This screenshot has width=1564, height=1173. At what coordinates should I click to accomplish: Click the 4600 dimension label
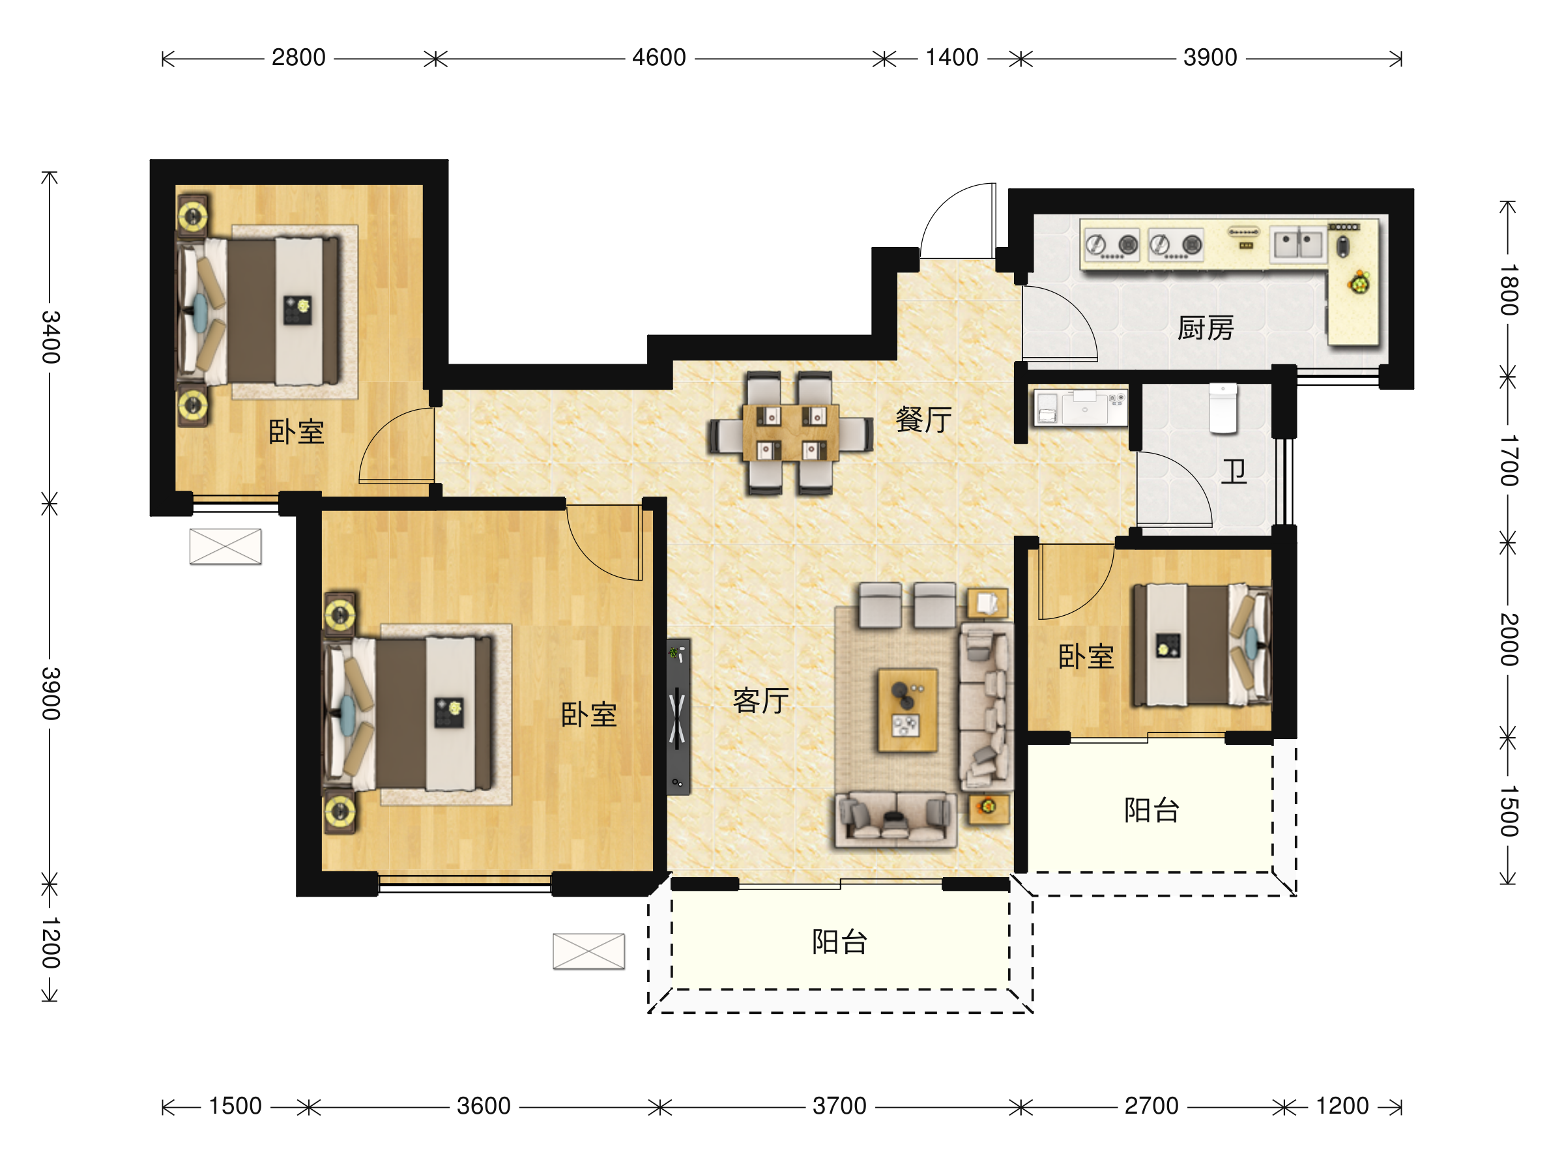point(659,57)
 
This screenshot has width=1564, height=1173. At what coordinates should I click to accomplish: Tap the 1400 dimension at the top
point(951,57)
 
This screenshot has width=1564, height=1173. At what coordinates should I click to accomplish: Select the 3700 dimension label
point(839,1106)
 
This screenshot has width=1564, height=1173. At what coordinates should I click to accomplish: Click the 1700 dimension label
point(1509,460)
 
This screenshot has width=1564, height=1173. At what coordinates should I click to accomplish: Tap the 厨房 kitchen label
point(1206,328)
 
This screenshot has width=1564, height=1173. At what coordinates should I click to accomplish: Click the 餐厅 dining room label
point(923,419)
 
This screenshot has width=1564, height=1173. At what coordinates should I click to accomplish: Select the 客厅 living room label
point(760,701)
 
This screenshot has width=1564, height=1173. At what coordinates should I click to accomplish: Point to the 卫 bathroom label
point(1234,472)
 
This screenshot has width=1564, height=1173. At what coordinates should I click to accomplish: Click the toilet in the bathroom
point(1223,408)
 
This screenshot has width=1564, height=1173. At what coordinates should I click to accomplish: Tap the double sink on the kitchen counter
point(1297,244)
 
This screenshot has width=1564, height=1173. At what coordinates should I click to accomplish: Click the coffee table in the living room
point(907,710)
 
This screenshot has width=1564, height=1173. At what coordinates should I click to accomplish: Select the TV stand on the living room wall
point(678,717)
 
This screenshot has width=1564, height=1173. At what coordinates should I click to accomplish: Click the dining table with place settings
point(790,432)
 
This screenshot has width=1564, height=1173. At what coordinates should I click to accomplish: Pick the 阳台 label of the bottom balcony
point(839,942)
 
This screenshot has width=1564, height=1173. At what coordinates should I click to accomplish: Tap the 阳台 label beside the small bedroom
point(1151,810)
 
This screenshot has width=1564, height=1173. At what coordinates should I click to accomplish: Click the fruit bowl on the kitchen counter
point(1358,283)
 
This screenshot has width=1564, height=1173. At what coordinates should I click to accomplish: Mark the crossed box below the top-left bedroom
point(225,547)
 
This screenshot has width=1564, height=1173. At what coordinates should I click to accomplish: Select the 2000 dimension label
point(1509,639)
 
